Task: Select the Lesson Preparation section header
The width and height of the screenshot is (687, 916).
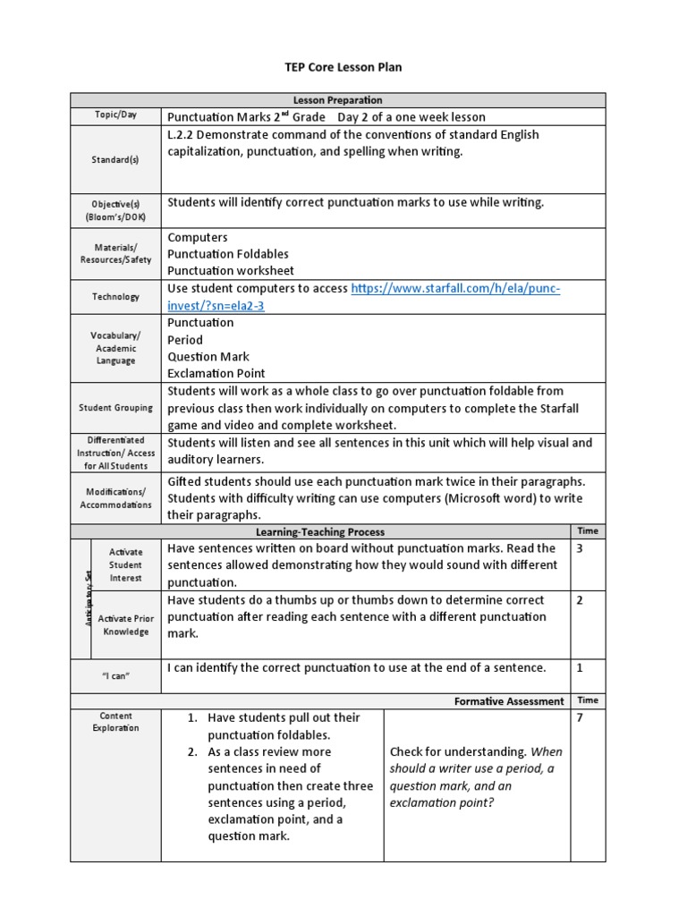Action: point(338,100)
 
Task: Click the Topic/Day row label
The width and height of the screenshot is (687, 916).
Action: point(115,116)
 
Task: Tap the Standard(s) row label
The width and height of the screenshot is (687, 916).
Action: point(115,161)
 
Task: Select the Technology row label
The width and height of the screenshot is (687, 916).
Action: point(115,297)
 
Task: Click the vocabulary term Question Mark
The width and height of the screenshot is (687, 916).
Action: point(208,356)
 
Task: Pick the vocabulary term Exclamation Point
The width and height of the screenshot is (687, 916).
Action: point(216,373)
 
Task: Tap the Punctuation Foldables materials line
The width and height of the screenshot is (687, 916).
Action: point(228,254)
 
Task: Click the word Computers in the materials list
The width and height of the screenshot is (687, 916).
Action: point(198,237)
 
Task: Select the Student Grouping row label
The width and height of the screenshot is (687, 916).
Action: point(115,408)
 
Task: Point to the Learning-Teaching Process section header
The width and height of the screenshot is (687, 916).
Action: point(320,531)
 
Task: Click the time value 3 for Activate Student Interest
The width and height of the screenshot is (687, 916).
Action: point(580,548)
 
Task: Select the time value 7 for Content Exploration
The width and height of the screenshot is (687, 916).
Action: point(580,717)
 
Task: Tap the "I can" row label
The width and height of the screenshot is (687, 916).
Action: point(115,675)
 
